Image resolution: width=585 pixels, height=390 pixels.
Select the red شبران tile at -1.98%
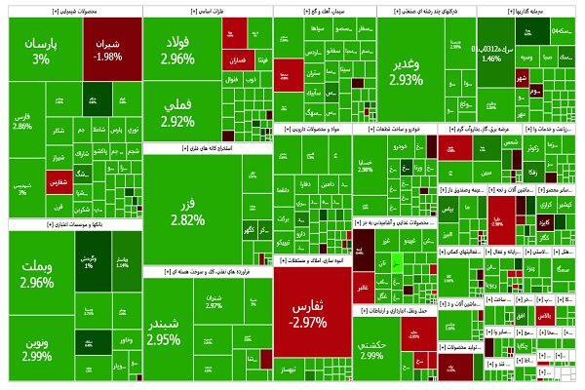pos(108,49)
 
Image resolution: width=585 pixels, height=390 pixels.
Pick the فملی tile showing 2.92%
pos(177,113)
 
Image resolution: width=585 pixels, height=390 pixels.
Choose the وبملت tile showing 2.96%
pos(36,276)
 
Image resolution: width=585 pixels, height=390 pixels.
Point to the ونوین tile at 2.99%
pos(36,348)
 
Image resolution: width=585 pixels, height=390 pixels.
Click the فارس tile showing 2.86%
pos(23,122)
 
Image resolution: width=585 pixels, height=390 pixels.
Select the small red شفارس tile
pos(58,179)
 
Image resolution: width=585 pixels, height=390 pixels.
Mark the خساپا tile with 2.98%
pos(366,167)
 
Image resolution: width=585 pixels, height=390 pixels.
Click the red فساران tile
pos(234,60)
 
